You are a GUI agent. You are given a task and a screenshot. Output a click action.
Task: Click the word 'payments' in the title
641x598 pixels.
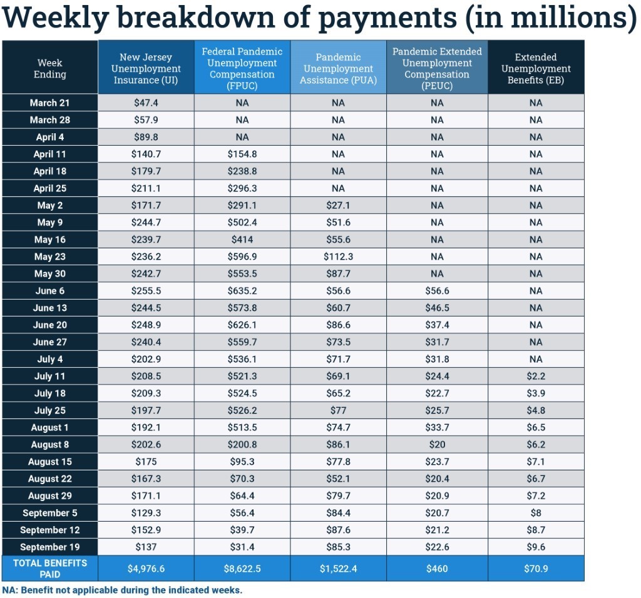click(x=388, y=19)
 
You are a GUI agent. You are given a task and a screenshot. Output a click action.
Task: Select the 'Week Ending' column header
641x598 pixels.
click(x=50, y=68)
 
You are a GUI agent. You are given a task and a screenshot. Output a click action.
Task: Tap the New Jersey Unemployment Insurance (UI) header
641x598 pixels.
click(x=146, y=68)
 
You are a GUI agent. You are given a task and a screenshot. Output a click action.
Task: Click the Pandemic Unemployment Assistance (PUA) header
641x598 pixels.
click(x=338, y=68)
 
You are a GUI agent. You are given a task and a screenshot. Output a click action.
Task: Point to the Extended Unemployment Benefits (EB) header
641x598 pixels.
click(x=536, y=68)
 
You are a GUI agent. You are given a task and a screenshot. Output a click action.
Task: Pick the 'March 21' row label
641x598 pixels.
click(x=50, y=103)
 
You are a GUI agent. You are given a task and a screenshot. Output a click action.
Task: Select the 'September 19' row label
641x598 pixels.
click(x=50, y=547)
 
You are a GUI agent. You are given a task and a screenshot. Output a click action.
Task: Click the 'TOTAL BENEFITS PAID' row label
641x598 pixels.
click(x=50, y=568)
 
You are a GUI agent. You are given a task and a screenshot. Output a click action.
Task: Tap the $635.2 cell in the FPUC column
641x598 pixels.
click(x=242, y=291)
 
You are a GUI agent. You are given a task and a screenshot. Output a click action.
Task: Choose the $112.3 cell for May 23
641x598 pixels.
click(x=338, y=256)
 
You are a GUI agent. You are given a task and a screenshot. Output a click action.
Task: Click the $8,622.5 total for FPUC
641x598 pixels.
click(x=242, y=569)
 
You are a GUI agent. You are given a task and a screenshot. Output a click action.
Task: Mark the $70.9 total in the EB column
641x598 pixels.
click(x=536, y=569)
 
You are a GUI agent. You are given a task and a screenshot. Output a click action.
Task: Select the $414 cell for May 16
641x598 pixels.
click(x=242, y=240)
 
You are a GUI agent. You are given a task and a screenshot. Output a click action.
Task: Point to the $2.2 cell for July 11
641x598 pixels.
click(x=536, y=376)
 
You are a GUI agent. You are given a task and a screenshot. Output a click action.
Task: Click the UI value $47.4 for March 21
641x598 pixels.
click(x=146, y=103)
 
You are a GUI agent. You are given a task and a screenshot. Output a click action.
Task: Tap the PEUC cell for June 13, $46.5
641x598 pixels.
click(x=437, y=308)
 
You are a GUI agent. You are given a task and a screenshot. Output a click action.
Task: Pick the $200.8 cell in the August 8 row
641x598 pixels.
click(x=242, y=444)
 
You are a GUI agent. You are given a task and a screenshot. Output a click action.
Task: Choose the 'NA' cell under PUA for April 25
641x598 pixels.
click(x=338, y=188)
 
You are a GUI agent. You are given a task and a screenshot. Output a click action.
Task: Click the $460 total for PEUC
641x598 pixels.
click(x=437, y=569)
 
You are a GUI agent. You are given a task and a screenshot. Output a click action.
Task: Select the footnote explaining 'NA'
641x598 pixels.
click(x=122, y=590)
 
